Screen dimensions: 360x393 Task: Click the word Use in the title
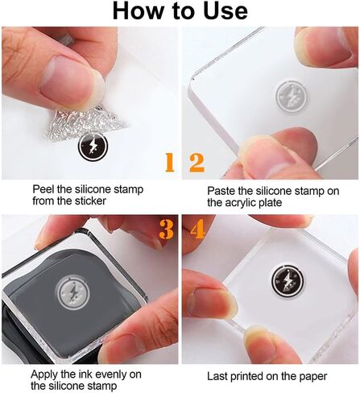point(226,11)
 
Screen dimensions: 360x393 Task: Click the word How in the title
point(138,11)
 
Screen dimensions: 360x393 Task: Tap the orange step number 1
point(170,162)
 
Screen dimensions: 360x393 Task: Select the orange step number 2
point(197,162)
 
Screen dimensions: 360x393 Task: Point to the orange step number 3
point(166,229)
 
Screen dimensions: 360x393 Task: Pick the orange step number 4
point(198,229)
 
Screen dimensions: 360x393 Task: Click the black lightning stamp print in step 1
point(93,146)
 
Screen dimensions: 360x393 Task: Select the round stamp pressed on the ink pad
point(72,293)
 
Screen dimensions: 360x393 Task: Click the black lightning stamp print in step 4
point(288,281)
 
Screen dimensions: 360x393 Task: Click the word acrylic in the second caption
point(240,203)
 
